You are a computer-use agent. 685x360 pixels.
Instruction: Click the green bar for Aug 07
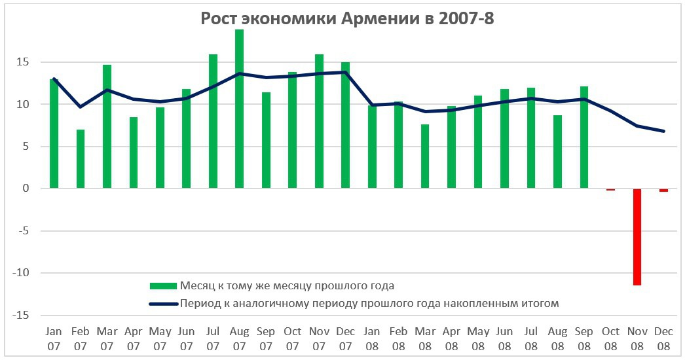pyautogui.click(x=240, y=109)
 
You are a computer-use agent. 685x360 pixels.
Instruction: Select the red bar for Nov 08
pyautogui.click(x=637, y=237)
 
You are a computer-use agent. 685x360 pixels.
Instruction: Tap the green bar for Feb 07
pyautogui.click(x=81, y=159)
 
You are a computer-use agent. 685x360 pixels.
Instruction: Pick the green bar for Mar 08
pyautogui.click(x=425, y=156)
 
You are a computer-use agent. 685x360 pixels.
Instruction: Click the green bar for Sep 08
pyautogui.click(x=583, y=137)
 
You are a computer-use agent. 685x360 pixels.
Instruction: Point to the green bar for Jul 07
pyautogui.click(x=213, y=121)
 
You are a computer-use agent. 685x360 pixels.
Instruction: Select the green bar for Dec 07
pyautogui.click(x=345, y=125)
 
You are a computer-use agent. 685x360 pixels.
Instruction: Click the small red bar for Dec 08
pyautogui.click(x=663, y=190)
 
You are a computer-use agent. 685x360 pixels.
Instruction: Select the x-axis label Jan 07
pyautogui.click(x=54, y=338)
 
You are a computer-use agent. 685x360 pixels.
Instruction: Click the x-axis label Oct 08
pyautogui.click(x=610, y=338)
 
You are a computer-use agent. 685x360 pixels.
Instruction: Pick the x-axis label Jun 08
pyautogui.click(x=504, y=338)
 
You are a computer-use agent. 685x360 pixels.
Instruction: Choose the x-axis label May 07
pyautogui.click(x=160, y=338)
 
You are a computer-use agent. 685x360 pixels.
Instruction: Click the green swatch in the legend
pyautogui.click(x=163, y=285)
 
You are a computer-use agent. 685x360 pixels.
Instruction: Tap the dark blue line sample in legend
pyautogui.click(x=163, y=304)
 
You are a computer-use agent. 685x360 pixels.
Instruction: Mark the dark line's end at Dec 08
pyautogui.click(x=664, y=131)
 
